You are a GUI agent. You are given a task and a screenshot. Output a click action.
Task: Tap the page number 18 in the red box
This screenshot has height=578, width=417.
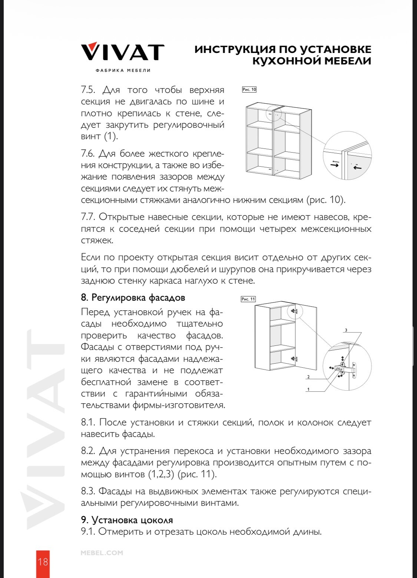tap(43, 562)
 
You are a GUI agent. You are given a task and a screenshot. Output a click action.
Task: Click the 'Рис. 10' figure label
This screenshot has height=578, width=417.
tap(249, 90)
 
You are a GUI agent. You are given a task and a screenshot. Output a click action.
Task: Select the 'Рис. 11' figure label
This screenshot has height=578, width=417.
tap(248, 299)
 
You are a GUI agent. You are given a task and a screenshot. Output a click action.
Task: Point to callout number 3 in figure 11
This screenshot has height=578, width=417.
tap(346, 330)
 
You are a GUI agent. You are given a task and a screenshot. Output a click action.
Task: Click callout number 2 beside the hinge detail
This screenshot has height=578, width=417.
tap(308, 377)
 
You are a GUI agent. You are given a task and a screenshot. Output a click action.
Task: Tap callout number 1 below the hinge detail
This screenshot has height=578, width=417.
tap(308, 389)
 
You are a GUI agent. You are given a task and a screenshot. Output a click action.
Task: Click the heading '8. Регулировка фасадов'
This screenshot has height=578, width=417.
tap(133, 298)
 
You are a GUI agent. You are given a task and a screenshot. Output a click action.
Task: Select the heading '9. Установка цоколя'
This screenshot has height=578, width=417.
tap(127, 520)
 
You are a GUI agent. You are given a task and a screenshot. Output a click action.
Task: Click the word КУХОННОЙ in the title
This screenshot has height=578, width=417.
tap(282, 61)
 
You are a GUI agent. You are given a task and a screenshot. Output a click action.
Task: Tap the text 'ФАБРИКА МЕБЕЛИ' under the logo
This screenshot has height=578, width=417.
tap(123, 70)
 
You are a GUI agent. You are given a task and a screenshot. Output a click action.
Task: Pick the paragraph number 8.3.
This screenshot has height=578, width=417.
tap(88, 491)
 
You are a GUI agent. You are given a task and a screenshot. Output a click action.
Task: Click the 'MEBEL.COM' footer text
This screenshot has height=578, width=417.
tap(102, 553)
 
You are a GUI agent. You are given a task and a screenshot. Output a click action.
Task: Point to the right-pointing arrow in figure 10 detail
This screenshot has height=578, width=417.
tap(335, 165)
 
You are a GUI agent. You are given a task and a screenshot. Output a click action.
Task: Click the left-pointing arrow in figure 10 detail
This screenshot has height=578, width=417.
tap(357, 168)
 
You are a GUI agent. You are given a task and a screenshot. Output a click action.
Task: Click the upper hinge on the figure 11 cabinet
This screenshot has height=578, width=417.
tap(295, 311)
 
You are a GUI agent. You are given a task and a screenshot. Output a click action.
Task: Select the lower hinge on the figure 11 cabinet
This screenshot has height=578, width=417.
tap(294, 358)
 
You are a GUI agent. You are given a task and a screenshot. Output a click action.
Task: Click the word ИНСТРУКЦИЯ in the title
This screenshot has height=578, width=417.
tap(235, 50)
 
